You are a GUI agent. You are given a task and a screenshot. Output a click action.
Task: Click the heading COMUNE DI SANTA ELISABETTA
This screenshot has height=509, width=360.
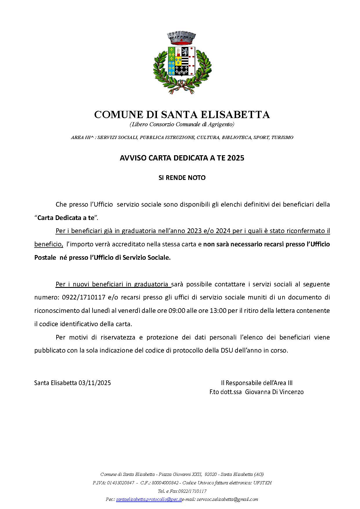[x=182, y=115]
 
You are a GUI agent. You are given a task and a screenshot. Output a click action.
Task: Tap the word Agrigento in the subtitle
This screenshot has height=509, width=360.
[x=221, y=124]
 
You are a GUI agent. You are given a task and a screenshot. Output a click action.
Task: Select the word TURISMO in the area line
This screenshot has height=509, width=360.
[x=282, y=137]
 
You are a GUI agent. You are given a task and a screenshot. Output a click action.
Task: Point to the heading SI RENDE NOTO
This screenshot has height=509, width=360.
[x=182, y=178]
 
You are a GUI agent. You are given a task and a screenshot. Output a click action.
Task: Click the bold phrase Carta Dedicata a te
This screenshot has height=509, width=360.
[x=66, y=218]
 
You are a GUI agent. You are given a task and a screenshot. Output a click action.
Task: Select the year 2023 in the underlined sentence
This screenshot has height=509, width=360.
[x=195, y=231]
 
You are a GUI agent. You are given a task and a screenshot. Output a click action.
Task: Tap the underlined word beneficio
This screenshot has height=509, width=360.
[x=48, y=244]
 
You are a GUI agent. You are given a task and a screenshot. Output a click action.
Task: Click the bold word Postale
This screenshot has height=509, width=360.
[x=45, y=258]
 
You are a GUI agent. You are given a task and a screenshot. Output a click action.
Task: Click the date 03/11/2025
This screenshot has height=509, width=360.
[x=95, y=383]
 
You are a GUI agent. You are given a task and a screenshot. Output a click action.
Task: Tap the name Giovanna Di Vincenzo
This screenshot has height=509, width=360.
[x=274, y=392]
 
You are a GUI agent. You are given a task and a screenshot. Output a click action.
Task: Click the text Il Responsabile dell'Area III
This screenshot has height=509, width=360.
[x=257, y=383]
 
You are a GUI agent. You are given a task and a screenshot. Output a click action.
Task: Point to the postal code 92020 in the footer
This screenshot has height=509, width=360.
[x=210, y=474]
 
